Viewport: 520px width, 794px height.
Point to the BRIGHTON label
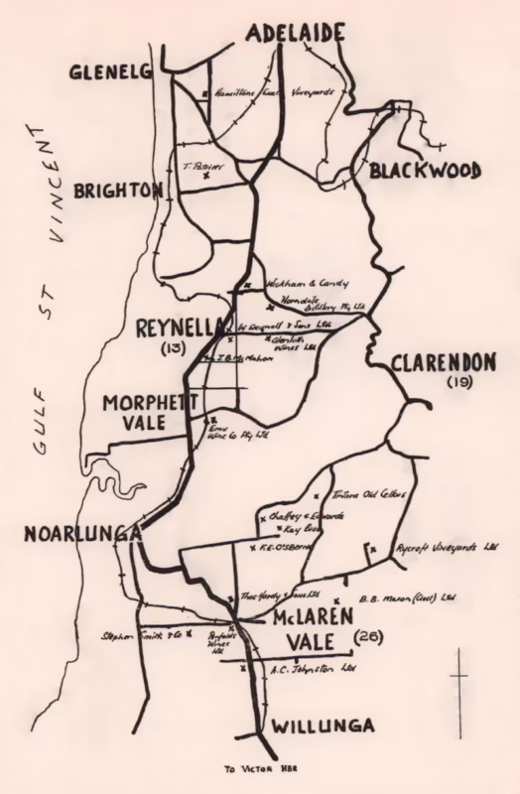point(118,189)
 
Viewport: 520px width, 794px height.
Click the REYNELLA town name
point(179,330)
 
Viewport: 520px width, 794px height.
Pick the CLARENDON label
point(442,362)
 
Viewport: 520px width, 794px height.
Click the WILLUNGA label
point(327,727)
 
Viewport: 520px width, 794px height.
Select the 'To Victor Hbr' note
point(260,768)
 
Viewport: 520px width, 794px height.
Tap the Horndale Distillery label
point(323,303)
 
